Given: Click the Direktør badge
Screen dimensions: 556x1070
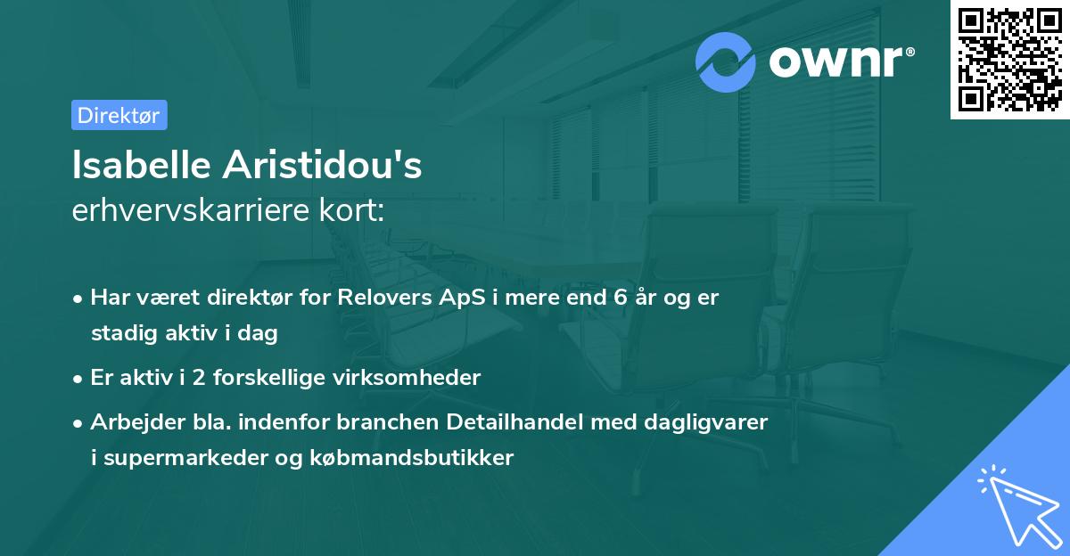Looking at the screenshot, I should point(119,115).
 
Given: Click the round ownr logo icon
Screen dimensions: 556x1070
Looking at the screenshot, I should point(726,62).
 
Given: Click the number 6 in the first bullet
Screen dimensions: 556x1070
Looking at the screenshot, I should point(620,298).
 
